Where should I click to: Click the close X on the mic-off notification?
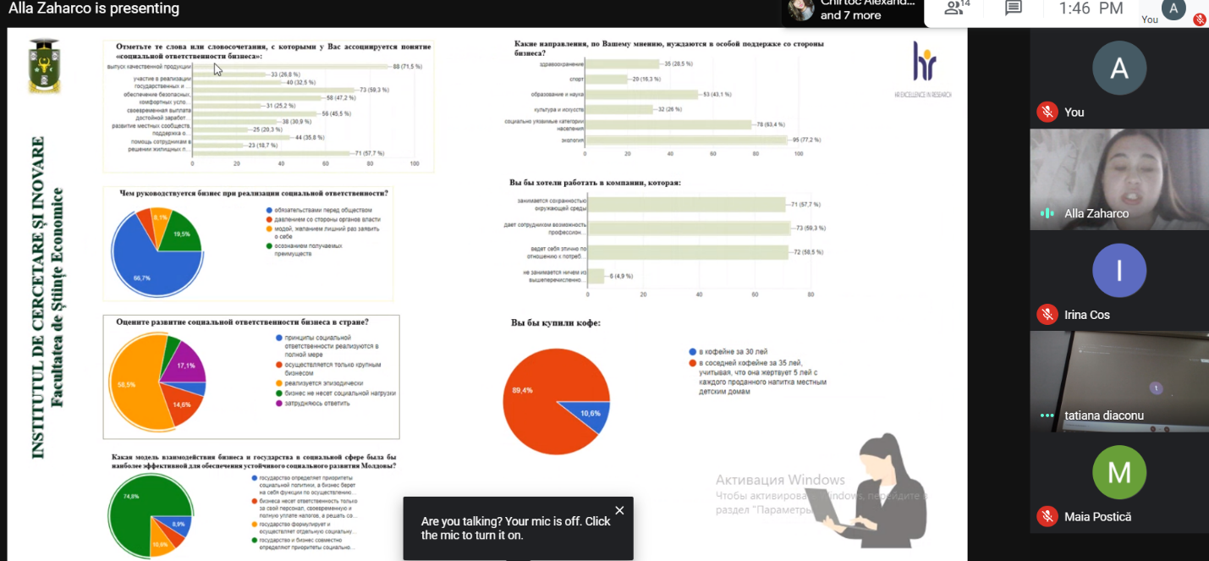point(619,510)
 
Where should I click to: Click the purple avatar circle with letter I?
point(1118,271)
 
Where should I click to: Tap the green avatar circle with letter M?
point(1118,472)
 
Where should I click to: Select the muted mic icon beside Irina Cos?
point(1047,315)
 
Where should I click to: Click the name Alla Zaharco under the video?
point(1096,214)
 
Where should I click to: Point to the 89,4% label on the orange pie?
point(522,391)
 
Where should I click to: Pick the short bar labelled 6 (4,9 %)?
point(596,276)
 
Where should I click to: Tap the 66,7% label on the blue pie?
point(141,278)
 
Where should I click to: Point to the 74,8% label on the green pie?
point(130,497)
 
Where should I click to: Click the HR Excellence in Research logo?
point(923,66)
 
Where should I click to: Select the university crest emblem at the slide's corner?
point(44,65)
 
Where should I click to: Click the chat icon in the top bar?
point(1013,8)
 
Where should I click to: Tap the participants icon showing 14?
point(957,8)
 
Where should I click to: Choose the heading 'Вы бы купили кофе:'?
point(555,322)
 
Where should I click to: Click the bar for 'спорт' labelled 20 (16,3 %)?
point(606,79)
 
